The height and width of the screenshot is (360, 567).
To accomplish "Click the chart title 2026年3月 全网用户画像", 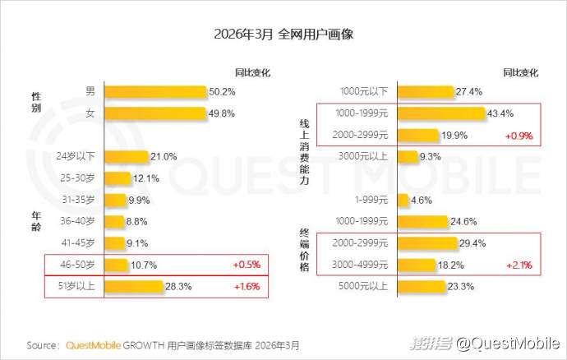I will [283, 35].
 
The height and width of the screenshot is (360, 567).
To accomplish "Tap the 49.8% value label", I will [223, 113].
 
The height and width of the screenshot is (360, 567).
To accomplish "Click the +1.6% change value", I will [247, 286].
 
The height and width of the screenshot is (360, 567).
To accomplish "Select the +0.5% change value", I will [247, 265].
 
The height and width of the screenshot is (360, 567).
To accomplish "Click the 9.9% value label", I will [141, 200].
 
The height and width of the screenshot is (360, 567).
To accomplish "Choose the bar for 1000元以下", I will [426, 91].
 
